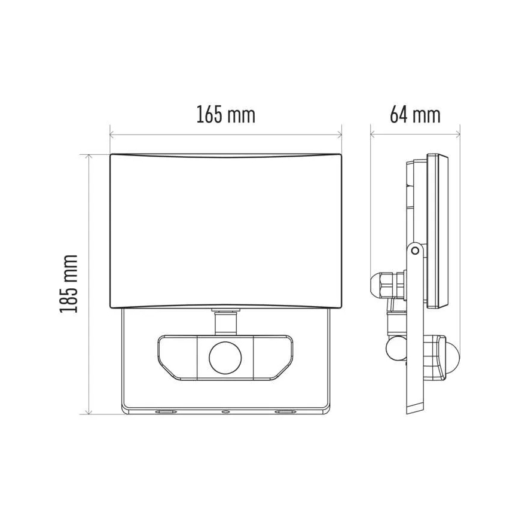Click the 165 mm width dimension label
point(225,114)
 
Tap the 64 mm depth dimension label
point(414,114)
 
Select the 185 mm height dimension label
point(69,284)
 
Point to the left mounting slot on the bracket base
point(163,412)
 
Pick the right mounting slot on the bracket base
point(285,412)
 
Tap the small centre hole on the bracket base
point(225,412)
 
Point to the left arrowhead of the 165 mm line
point(112,134)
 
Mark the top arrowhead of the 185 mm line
point(88,157)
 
